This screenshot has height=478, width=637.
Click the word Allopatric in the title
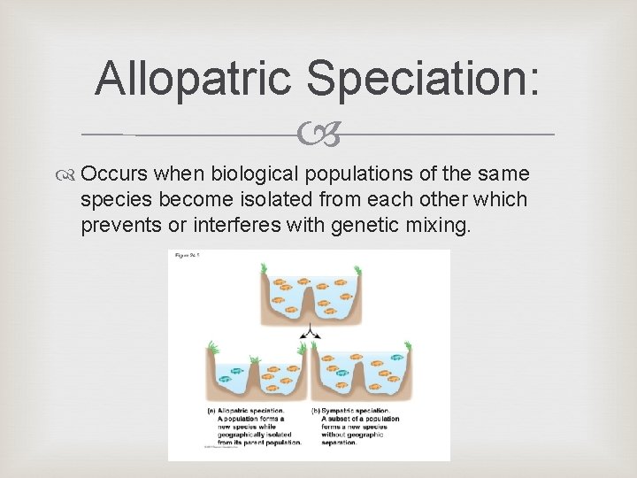194,78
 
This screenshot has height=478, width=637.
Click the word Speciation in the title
421,78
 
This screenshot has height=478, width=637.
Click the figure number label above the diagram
188,256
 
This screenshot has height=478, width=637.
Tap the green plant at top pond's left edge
263,269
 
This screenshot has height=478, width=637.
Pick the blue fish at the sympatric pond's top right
395,358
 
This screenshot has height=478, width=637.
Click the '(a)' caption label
211,411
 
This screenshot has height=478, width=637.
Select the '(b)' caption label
316,411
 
